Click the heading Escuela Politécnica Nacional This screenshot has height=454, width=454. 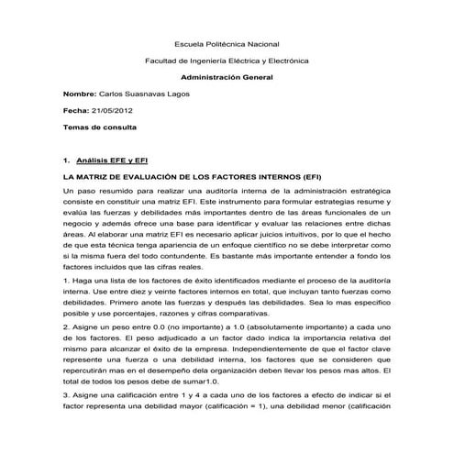click(x=227, y=44)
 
